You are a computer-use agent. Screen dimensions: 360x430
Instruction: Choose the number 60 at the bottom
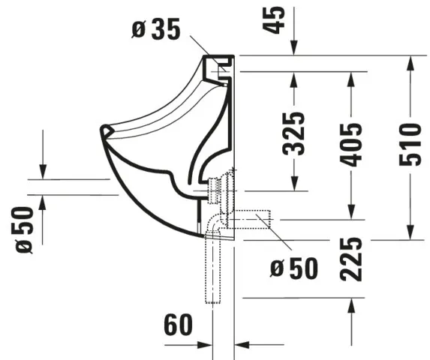(179, 325)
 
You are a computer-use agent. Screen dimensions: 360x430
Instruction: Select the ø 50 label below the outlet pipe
(294, 267)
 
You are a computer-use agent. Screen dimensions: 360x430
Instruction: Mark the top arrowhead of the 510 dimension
(410, 62)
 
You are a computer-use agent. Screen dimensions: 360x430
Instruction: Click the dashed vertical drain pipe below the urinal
(218, 270)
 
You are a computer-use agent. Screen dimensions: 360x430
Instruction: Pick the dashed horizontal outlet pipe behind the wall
(251, 219)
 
